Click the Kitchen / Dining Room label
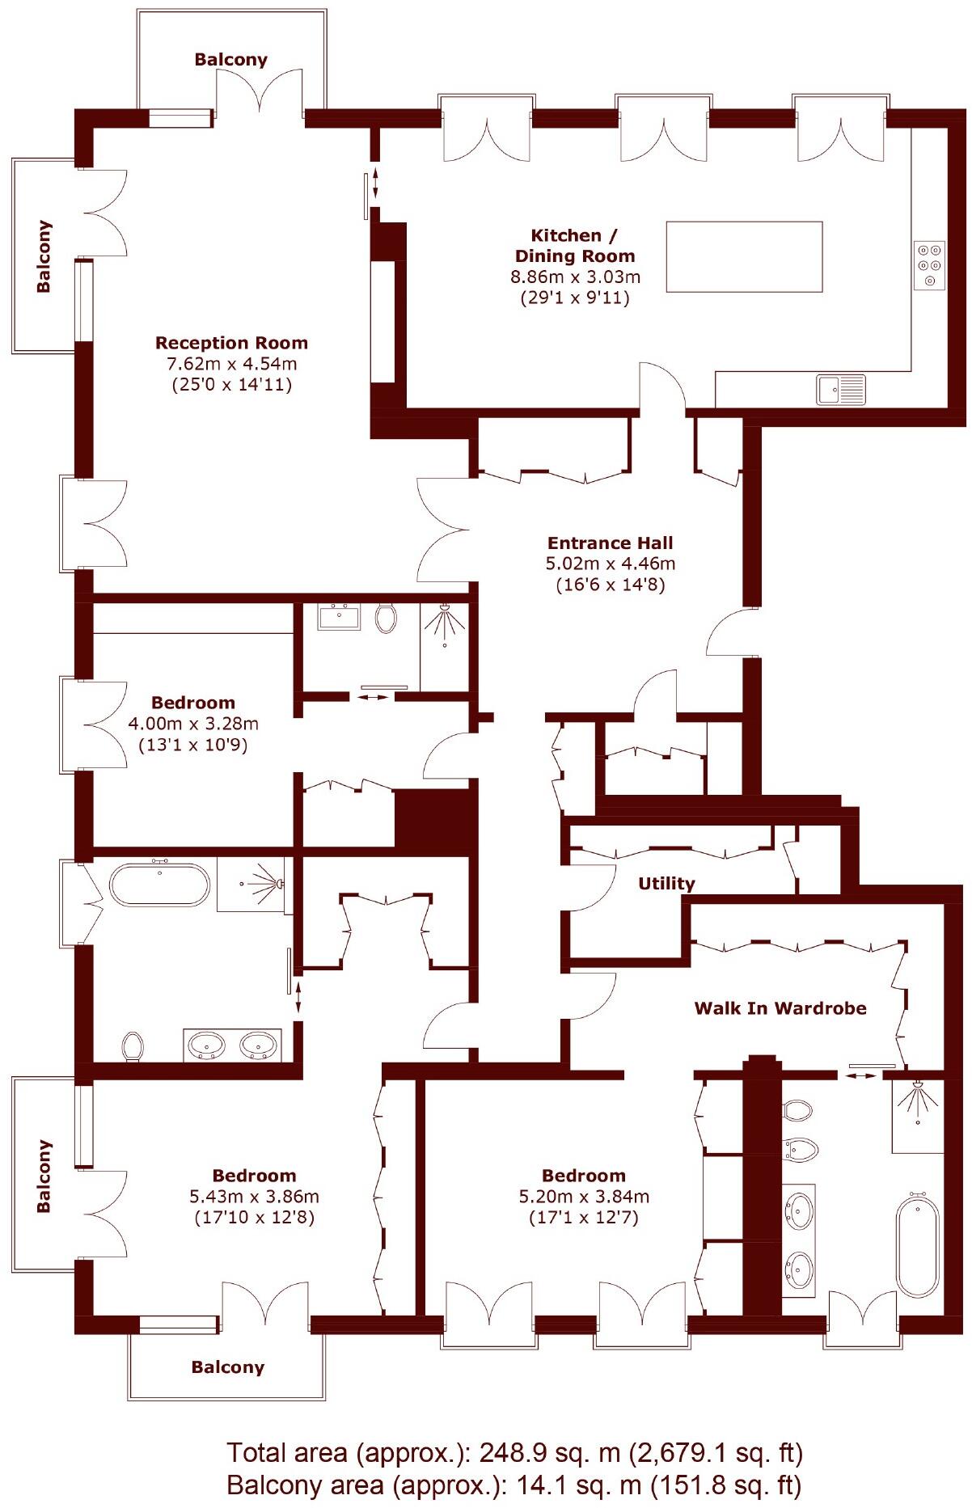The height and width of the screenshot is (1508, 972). (574, 246)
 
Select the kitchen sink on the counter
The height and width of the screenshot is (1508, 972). (841, 390)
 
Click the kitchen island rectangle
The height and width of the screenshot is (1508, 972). (743, 257)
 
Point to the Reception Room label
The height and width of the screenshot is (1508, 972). (231, 343)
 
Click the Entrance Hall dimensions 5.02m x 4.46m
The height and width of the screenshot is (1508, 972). (610, 564)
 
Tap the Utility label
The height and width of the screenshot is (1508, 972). (666, 883)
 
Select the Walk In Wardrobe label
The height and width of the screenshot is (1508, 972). (780, 1008)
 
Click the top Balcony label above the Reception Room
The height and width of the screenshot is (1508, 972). (230, 59)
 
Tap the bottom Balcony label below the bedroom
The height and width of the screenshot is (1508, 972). (227, 1367)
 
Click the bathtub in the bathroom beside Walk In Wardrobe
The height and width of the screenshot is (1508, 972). (918, 1246)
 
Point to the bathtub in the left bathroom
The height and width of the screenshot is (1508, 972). (159, 885)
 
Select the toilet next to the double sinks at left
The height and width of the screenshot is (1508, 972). (133, 1045)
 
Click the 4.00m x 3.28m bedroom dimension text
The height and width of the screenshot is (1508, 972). (193, 724)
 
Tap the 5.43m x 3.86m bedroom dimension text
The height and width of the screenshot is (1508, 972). (254, 1197)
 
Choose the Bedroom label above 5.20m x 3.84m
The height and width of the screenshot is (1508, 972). (583, 1176)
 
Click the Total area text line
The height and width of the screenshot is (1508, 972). (514, 1453)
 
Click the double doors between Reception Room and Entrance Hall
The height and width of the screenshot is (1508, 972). (442, 530)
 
